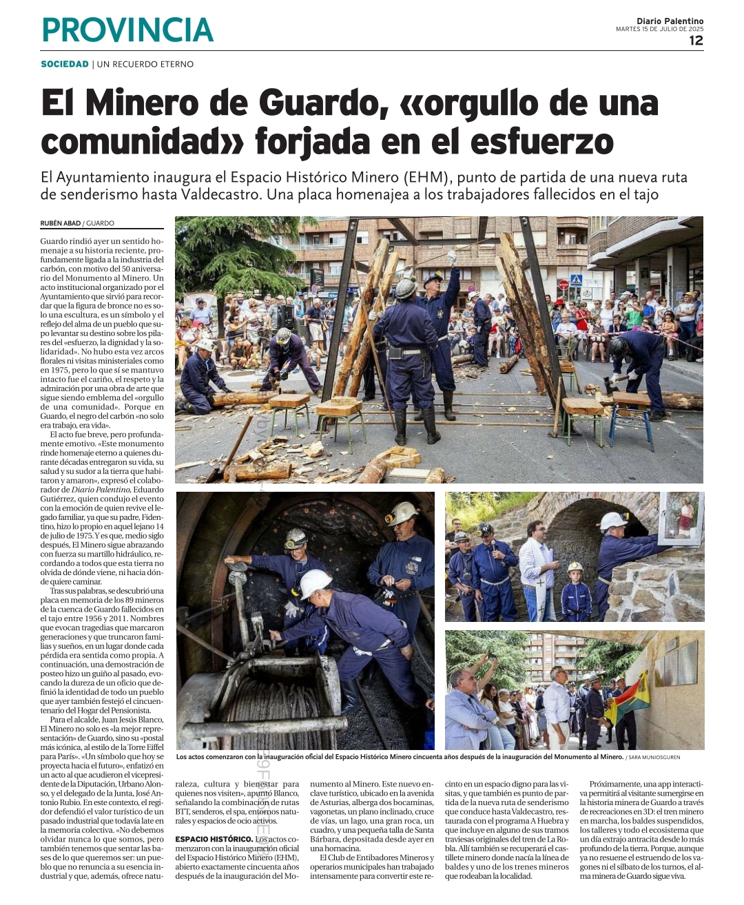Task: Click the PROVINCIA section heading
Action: point(127,30)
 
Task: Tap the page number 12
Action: point(696,41)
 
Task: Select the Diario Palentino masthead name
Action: point(670,21)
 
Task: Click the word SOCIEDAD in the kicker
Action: point(65,64)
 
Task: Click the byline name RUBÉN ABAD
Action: point(61,223)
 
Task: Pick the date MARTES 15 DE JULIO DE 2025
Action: point(659,29)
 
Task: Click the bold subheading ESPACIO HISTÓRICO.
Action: point(214,839)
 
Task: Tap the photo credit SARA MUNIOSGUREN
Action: point(654,757)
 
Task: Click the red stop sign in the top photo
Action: point(563,284)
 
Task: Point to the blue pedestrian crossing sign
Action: point(576,280)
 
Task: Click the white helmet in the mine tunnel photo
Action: point(316,583)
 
